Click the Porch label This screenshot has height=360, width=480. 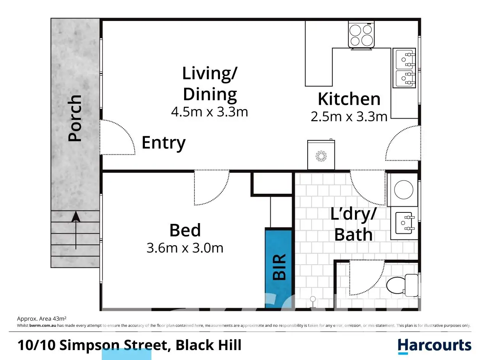coord(75,118)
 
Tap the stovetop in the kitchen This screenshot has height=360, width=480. coord(361,35)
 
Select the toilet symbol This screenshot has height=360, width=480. coord(402,285)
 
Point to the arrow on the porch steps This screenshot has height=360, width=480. coord(76,230)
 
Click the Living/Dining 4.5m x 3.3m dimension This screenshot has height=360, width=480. coord(209,112)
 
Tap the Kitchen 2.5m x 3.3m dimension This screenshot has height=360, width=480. coord(349,117)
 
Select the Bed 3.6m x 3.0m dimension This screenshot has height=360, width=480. coord(185,248)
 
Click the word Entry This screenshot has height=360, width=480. coord(164,143)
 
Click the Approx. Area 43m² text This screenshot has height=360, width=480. coord(42,319)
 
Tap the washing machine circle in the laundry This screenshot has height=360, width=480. coord(404,190)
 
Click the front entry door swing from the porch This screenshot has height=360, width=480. coord(118,137)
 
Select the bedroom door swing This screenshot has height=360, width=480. coord(212,188)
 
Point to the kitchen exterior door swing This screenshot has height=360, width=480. coord(403,143)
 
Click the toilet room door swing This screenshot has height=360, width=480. coord(367,278)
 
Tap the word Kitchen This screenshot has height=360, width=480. coord(349,99)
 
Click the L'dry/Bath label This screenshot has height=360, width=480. coord(353,224)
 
